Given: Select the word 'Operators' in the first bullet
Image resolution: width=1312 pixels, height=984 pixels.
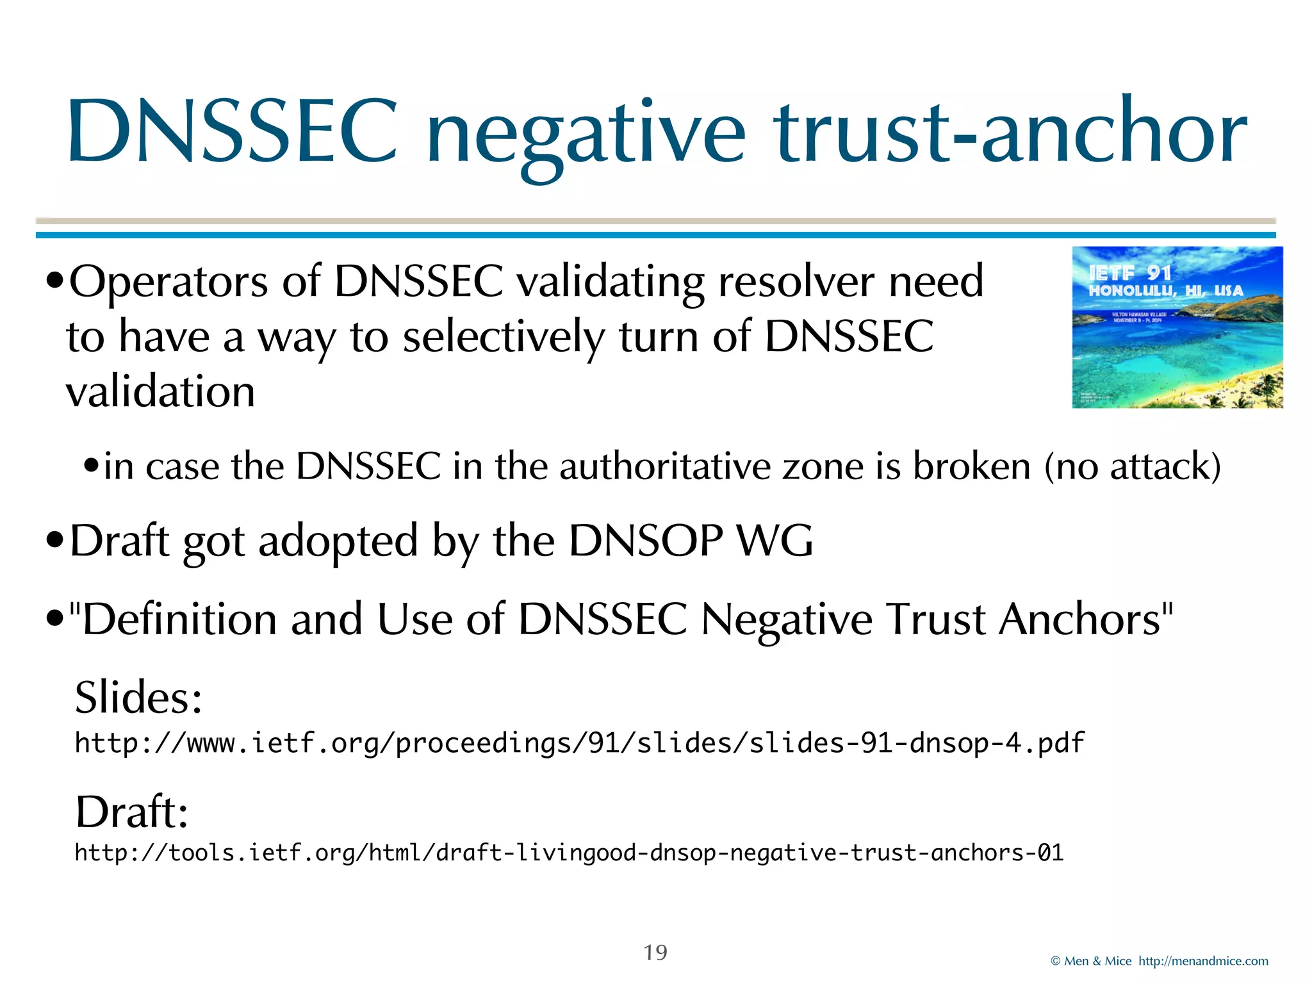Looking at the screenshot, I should pyautogui.click(x=168, y=282).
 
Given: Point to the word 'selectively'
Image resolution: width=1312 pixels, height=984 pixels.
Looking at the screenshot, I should pyautogui.click(x=503, y=338).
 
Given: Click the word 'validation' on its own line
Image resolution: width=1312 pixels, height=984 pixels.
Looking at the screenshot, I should pyautogui.click(x=161, y=391).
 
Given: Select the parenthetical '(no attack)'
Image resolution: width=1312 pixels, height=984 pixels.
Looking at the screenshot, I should pyautogui.click(x=1133, y=466).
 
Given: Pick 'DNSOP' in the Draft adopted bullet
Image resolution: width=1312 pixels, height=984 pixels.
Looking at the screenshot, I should pyautogui.click(x=646, y=541).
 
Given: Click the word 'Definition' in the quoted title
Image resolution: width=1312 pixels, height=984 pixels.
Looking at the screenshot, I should pyautogui.click(x=179, y=619).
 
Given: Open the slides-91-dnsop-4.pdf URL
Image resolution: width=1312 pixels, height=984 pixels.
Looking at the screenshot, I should pyautogui.click(x=580, y=743).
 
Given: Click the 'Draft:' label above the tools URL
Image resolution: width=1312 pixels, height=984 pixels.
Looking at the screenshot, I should pyautogui.click(x=132, y=812).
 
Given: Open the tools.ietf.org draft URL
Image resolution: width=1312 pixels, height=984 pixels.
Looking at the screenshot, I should pyautogui.click(x=569, y=853).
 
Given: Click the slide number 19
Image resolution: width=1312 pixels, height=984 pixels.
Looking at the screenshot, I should pyautogui.click(x=655, y=953).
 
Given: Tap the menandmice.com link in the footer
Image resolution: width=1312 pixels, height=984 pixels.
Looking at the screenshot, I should pyautogui.click(x=1203, y=961).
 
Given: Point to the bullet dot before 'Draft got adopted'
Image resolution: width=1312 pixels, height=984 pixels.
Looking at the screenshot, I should pyautogui.click(x=55, y=541).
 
